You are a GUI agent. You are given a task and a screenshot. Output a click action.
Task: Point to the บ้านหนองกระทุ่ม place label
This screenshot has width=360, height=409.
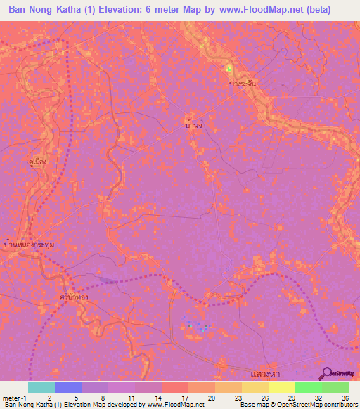coord(28,244)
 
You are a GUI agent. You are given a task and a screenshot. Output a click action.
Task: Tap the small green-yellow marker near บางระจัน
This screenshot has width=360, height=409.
coord(228,69)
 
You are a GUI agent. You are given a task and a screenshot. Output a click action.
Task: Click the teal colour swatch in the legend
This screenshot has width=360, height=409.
coord(41,387)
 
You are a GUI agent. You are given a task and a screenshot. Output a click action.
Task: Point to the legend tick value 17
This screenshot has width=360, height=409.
coord(165,397)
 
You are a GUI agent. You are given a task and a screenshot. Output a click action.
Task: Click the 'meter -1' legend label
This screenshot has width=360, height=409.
coord(14,397)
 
